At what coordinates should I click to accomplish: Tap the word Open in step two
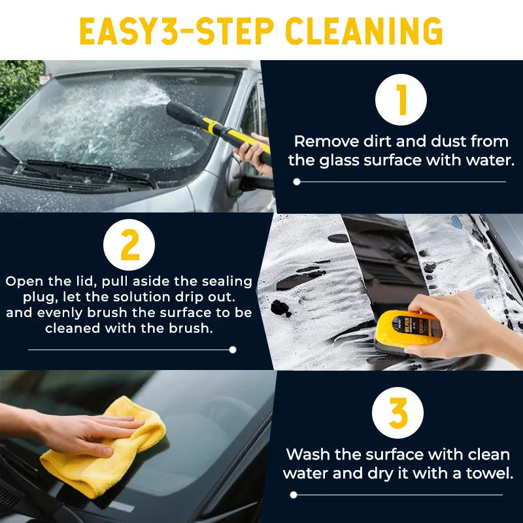tap(24, 281)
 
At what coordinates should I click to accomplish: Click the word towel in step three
tap(489, 473)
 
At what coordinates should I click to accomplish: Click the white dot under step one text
tap(297, 182)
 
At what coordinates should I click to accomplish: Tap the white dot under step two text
tap(232, 350)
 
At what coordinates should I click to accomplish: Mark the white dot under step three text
tap(294, 495)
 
